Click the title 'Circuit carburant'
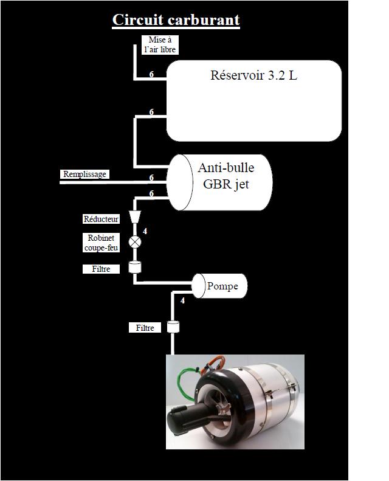[176, 20]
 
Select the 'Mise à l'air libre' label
[160, 44]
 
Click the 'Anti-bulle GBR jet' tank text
[225, 177]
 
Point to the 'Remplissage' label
[84, 175]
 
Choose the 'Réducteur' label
[101, 219]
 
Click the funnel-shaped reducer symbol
[135, 218]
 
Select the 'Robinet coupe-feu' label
[103, 243]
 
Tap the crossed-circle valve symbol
[135, 242]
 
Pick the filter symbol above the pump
[136, 267]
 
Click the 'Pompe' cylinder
[220, 286]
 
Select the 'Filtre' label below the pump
[145, 328]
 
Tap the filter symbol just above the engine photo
[173, 327]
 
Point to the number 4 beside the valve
[145, 231]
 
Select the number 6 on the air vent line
[151, 75]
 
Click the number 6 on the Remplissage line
[151, 178]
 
